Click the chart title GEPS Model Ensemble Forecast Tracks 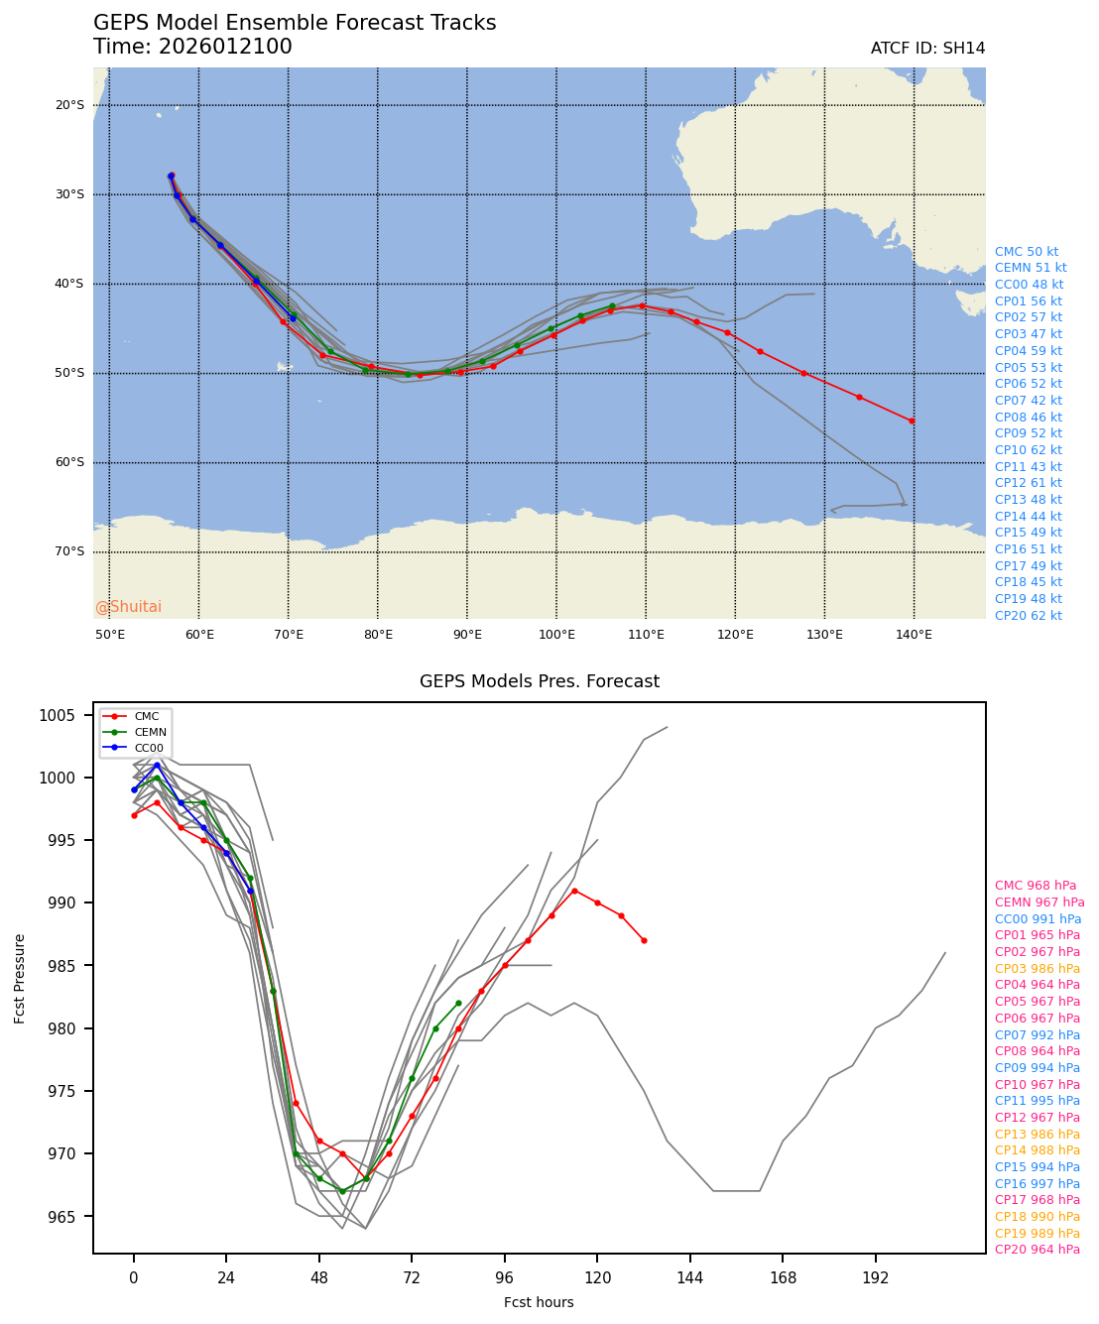click(295, 24)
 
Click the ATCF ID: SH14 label click(927, 49)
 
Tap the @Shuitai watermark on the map click(128, 607)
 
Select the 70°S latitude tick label click(69, 551)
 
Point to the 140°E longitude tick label click(914, 635)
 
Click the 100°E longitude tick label click(556, 635)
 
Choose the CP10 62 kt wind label click(1029, 450)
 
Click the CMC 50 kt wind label click(1027, 252)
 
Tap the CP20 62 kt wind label click(1029, 616)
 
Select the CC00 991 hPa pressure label click(1038, 919)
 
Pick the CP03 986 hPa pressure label click(1038, 969)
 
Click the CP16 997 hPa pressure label click(1038, 1184)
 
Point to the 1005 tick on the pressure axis click(63, 716)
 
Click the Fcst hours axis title click(539, 1302)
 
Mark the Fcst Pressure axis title click(20, 978)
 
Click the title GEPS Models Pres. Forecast click(540, 681)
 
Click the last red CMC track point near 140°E click(912, 421)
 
